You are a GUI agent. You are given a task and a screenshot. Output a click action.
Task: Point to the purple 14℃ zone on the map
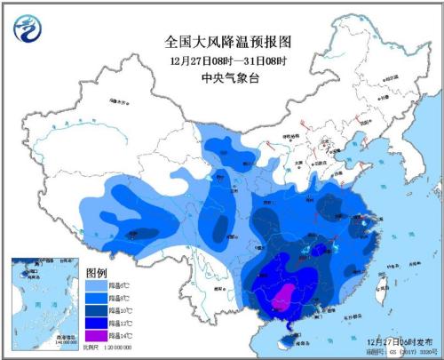pos(283,300)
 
